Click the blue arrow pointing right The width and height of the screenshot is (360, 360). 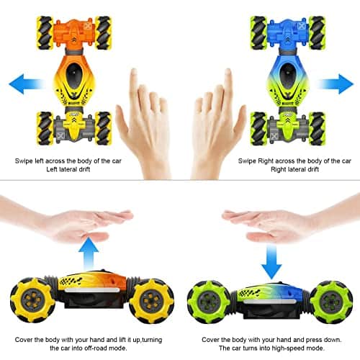[x=333, y=84]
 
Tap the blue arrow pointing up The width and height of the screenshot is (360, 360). [x=89, y=253]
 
